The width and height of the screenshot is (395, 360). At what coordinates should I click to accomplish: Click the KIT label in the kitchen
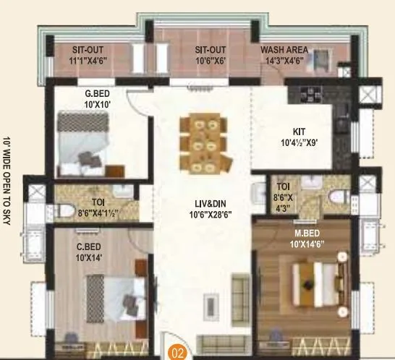tap(300, 131)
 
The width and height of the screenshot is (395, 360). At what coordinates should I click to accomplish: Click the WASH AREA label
tap(284, 50)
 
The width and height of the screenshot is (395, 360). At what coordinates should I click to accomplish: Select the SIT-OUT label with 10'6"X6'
tap(210, 50)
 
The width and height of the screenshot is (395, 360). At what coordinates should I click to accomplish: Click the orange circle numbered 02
tap(176, 353)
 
